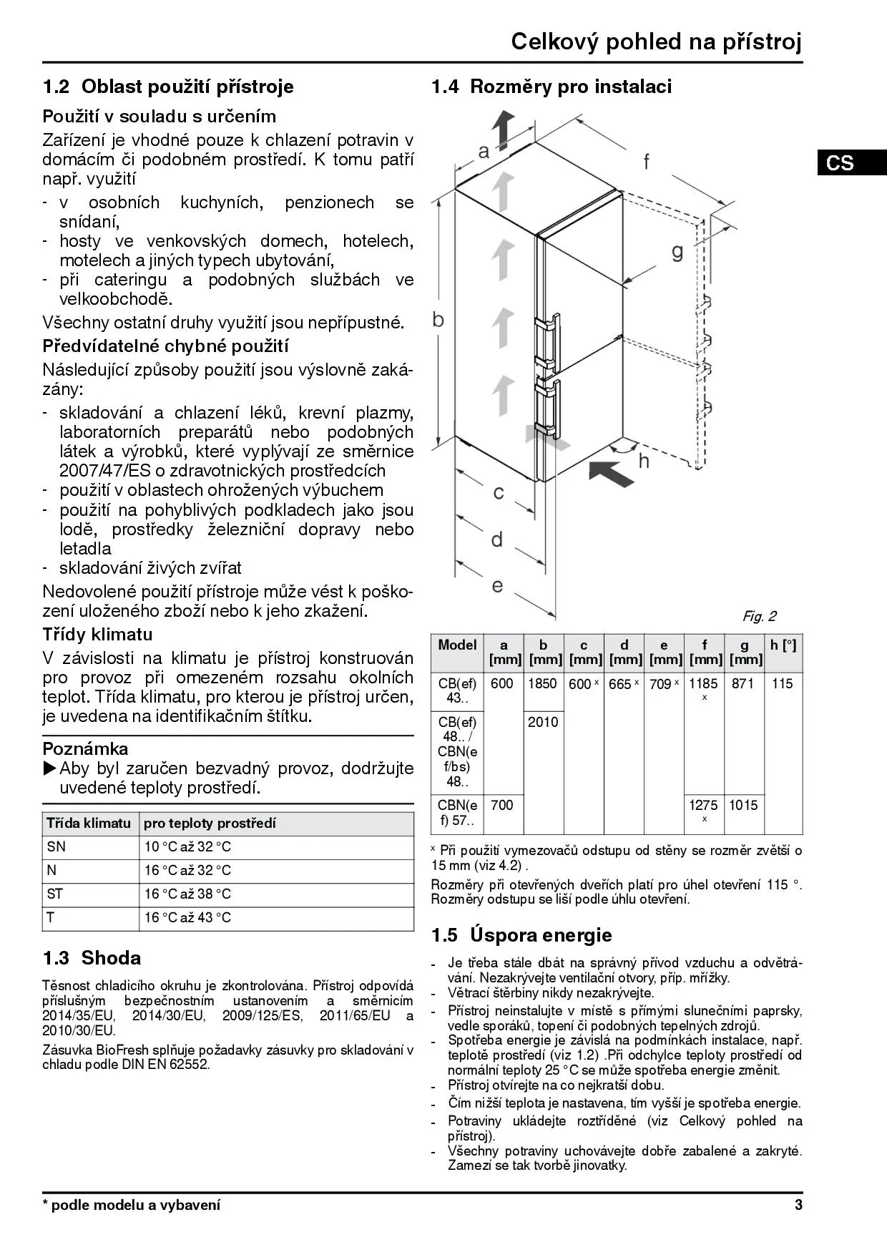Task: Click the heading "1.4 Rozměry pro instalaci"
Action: coord(551,87)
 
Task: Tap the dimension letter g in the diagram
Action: coord(677,251)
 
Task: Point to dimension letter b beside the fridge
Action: coord(438,320)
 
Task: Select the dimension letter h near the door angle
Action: coord(644,461)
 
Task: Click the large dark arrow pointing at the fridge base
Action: coord(612,473)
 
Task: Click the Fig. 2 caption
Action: coord(759,616)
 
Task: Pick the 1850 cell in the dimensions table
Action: coord(542,684)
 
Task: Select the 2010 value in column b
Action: coord(542,722)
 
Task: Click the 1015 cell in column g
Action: coord(743,806)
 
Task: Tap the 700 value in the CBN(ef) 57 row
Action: coord(502,806)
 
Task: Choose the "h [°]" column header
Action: coord(783,645)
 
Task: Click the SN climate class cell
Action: coord(57,847)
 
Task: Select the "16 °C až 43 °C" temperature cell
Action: coord(187,918)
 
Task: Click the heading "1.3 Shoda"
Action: coord(92,958)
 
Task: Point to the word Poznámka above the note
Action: coord(85,749)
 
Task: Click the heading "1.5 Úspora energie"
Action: coord(521,935)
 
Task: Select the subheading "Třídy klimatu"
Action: coord(97,635)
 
